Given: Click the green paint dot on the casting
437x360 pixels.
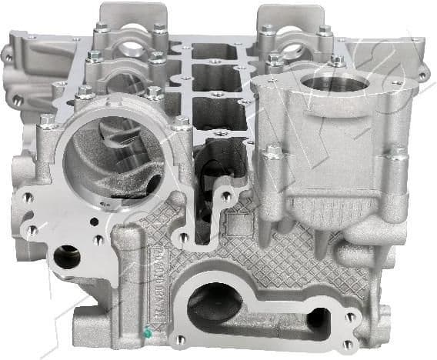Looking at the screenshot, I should [147, 333].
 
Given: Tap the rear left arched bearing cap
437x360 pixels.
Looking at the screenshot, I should [131, 31].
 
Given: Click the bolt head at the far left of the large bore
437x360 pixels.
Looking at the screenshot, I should [46, 122].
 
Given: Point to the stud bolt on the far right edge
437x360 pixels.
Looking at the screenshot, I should [398, 154].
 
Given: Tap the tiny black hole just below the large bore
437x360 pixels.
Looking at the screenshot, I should [93, 222].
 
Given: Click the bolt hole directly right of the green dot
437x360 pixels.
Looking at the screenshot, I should [179, 339].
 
